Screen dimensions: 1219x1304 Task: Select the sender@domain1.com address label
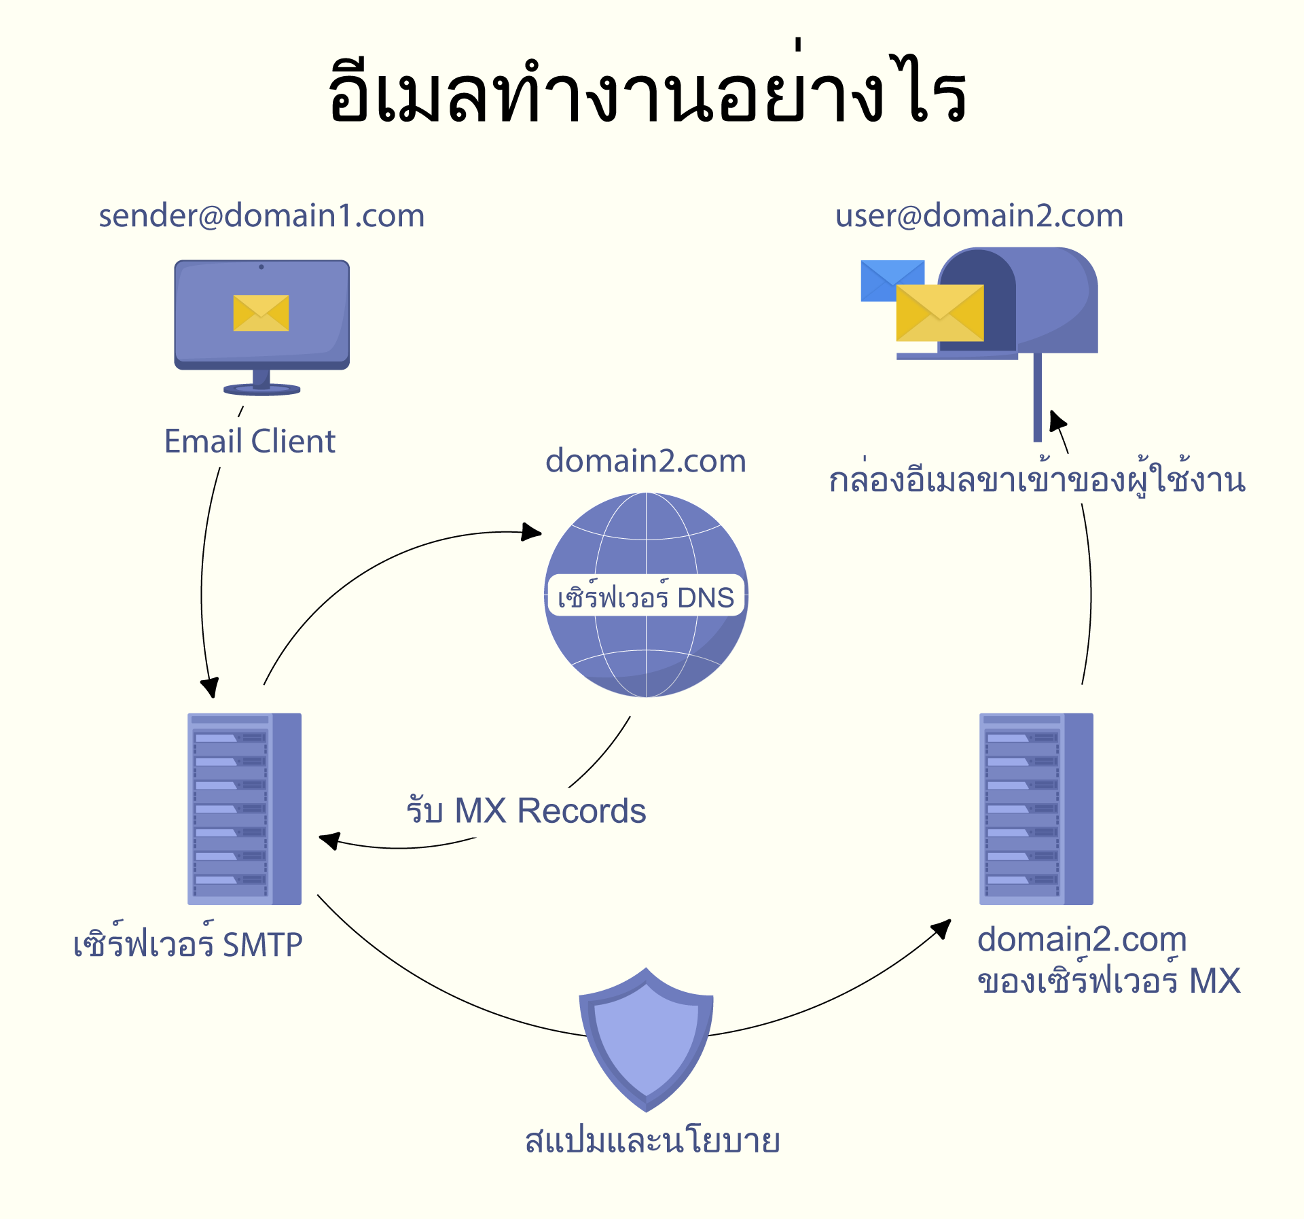(261, 216)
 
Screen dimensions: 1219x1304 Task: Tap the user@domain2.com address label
(979, 216)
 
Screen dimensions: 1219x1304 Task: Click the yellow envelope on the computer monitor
(261, 313)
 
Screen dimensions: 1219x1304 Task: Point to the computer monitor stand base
(262, 389)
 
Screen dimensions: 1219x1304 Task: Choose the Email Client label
(250, 442)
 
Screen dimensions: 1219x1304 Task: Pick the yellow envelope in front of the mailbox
(939, 313)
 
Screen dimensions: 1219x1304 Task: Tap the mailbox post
(1037, 397)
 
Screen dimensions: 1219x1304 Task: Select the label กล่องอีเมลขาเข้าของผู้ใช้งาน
(1037, 480)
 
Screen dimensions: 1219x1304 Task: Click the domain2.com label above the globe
(645, 461)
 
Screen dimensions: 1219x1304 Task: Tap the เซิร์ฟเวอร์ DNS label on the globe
(645, 597)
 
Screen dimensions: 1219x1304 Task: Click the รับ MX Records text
(526, 811)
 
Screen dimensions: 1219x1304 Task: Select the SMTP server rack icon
(244, 809)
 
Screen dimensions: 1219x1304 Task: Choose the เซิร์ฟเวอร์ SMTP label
(188, 944)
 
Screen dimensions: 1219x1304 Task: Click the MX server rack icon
(1036, 809)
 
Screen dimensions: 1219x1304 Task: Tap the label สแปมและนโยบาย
(652, 1141)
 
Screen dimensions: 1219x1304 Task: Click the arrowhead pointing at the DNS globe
(532, 531)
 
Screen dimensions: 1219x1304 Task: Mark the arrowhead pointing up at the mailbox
(1057, 421)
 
